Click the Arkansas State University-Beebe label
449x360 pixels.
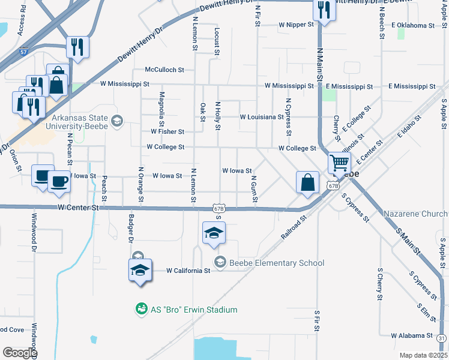80,122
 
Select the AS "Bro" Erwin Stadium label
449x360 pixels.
193,310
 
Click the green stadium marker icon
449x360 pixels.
141,309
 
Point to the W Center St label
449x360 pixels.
78,208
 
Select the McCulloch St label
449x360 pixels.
164,70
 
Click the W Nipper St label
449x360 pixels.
297,25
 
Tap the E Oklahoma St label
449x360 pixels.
412,25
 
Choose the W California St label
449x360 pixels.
188,271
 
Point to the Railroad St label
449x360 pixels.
294,229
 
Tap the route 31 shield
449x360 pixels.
442,339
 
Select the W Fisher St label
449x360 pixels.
167,131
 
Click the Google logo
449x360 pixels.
20,353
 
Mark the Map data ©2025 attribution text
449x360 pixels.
423,355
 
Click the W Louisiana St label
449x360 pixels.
261,116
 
